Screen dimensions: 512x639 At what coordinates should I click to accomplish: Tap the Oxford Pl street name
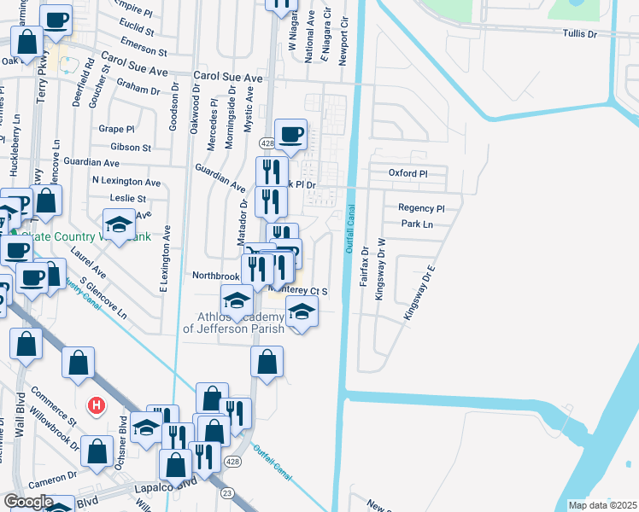pyautogui.click(x=407, y=173)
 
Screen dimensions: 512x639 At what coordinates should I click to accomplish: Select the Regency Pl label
pyautogui.click(x=421, y=208)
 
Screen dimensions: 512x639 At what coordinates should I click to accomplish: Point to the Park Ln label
pyautogui.click(x=417, y=224)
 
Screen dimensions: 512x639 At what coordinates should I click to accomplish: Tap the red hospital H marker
pyautogui.click(x=97, y=403)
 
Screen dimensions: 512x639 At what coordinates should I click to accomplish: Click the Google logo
pyautogui.click(x=27, y=502)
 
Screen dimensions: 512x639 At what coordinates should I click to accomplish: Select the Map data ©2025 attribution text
pyautogui.click(x=601, y=505)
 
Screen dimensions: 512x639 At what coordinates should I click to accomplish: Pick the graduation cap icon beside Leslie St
pyautogui.click(x=119, y=225)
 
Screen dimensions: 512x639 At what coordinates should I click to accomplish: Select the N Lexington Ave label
pyautogui.click(x=126, y=182)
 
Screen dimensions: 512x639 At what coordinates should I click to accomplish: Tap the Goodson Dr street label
pyautogui.click(x=174, y=111)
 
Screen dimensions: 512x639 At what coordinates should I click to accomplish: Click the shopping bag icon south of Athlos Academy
pyautogui.click(x=267, y=361)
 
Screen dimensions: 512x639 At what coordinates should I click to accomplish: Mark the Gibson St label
pyautogui.click(x=131, y=148)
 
